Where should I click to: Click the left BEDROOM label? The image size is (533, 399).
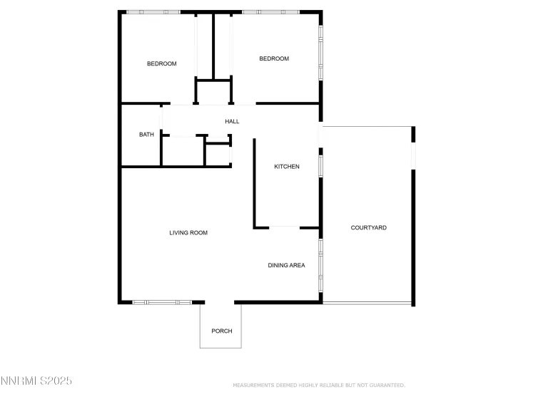(161, 64)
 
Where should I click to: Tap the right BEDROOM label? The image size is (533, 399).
(274, 58)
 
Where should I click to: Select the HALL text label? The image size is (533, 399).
(232, 122)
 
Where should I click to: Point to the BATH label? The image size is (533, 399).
(146, 135)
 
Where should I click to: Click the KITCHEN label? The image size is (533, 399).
(287, 167)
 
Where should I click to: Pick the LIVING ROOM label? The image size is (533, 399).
(188, 233)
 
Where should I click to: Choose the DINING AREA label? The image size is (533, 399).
(286, 266)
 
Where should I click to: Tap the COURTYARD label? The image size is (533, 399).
(369, 228)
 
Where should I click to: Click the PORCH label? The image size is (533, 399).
(222, 331)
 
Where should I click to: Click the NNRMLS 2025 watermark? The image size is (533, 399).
(36, 382)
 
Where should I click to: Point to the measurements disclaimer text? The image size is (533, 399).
(319, 385)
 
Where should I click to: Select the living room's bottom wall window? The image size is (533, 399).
(162, 302)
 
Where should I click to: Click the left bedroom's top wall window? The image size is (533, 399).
(153, 12)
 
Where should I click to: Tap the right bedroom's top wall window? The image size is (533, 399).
(270, 12)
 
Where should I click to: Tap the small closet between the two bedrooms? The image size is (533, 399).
(214, 91)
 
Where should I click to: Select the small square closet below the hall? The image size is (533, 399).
(218, 155)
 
